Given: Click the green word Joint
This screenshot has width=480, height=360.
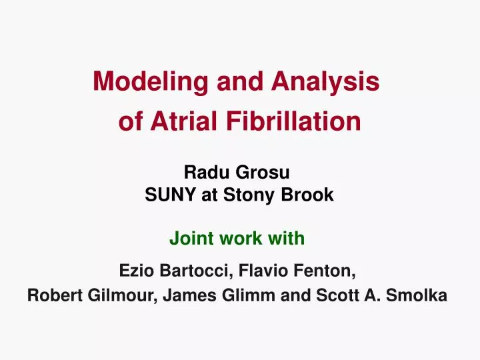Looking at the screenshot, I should pyautogui.click(x=189, y=237).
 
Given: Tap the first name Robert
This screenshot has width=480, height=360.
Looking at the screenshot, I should pyautogui.click(x=54, y=296).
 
